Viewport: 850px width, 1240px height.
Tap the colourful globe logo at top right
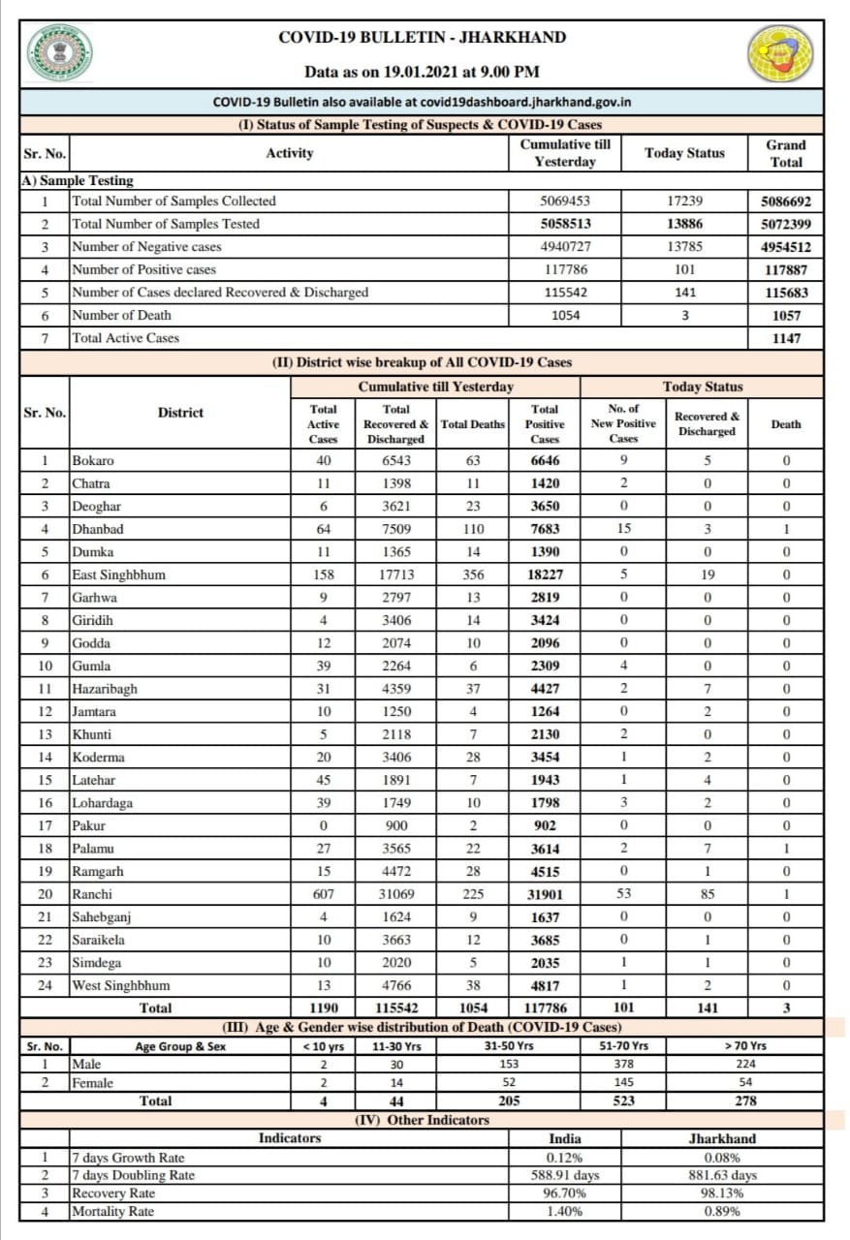pos(780,53)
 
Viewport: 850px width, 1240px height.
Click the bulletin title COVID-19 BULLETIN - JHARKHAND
pos(423,38)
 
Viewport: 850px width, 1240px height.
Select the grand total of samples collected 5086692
pos(786,201)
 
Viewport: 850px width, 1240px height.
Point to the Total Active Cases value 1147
pos(786,338)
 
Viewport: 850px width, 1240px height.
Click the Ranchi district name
pos(92,894)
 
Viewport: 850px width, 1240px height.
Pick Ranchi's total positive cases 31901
pos(545,894)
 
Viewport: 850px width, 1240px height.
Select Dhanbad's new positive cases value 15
pos(623,529)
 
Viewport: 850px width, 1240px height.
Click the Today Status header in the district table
pos(703,387)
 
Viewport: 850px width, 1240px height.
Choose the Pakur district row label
pos(89,825)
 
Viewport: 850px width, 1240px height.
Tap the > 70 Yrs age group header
pos(745,1045)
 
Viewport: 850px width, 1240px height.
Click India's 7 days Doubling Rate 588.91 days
pos(565,1175)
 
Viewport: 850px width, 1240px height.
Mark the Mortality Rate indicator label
pos(113,1211)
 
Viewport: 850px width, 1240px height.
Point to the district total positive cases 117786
pos(545,1007)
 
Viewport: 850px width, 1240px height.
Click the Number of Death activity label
pos(122,315)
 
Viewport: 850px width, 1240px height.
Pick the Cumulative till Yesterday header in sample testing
pos(565,153)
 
